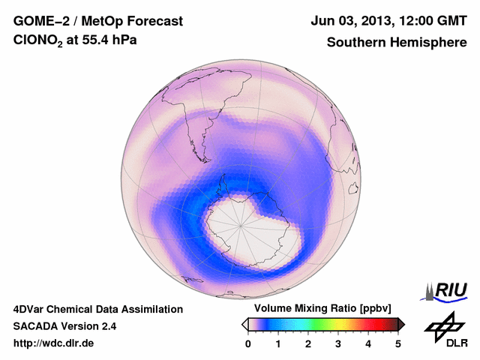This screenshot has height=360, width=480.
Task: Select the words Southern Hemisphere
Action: (396, 43)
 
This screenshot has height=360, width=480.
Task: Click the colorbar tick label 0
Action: (248, 343)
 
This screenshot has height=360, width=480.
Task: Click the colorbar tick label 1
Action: (278, 343)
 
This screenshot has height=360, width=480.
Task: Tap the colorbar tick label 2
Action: (308, 343)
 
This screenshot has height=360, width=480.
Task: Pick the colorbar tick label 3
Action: (338, 343)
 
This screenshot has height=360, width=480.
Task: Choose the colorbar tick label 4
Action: (368, 343)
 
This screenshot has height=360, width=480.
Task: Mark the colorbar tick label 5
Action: (398, 343)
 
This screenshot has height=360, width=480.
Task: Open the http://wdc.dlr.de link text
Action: (54, 343)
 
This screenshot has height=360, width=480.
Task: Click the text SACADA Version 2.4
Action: (64, 326)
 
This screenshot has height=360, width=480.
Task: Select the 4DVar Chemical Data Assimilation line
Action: (97, 309)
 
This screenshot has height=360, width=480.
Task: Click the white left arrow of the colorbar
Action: (244, 324)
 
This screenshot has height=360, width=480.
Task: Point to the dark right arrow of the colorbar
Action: (401, 324)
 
